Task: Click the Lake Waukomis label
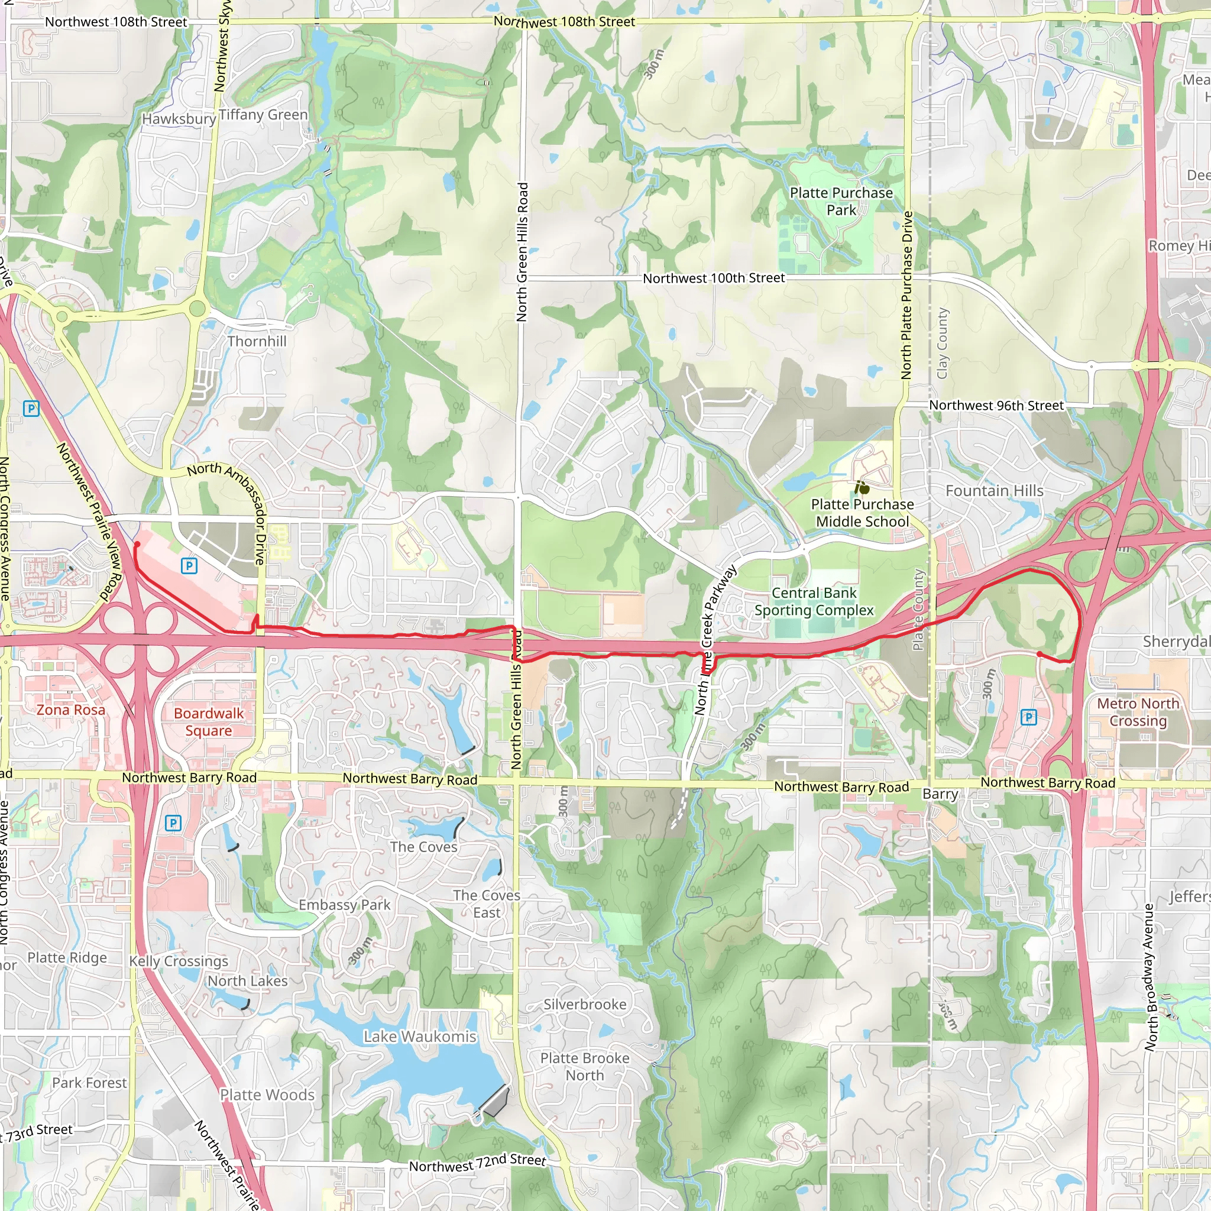[x=420, y=1037]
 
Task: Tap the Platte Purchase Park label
[x=841, y=201]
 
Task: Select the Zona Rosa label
[x=71, y=710]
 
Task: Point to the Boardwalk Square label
[x=209, y=721]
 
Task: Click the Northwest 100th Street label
[x=713, y=278]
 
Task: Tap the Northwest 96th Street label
[x=996, y=406]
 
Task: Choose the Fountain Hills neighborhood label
[x=994, y=491]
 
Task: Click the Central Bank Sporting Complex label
[x=814, y=601]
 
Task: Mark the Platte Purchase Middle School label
[x=862, y=513]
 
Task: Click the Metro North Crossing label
[x=1138, y=712]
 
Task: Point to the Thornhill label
[x=257, y=342]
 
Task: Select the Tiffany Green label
[x=263, y=115]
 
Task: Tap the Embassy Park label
[x=344, y=905]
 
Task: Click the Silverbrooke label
[x=585, y=1004]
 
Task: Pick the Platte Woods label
[x=267, y=1095]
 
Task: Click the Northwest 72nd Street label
[x=477, y=1163]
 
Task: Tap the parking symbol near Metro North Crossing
[x=1029, y=717]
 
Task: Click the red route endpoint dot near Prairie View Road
[x=137, y=545]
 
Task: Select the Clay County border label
[x=942, y=343]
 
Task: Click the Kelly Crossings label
[x=179, y=961]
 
